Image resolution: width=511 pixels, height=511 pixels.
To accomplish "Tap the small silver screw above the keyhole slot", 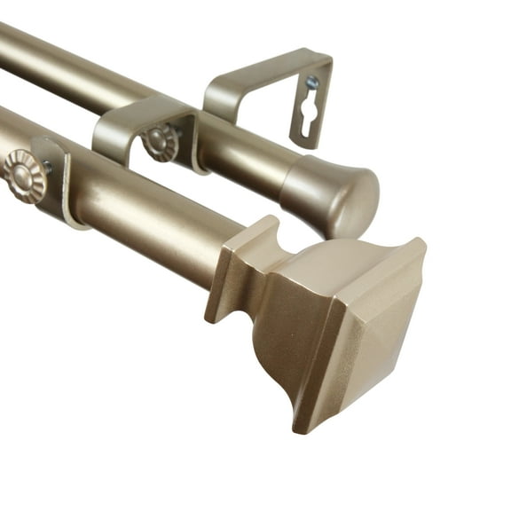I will click(x=311, y=83).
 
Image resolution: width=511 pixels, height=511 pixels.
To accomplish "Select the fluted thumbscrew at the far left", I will click(x=21, y=176).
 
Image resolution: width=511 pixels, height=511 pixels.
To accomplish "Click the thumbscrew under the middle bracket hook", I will click(x=161, y=142).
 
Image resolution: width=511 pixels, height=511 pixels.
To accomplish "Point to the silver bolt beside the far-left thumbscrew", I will click(x=46, y=167).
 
